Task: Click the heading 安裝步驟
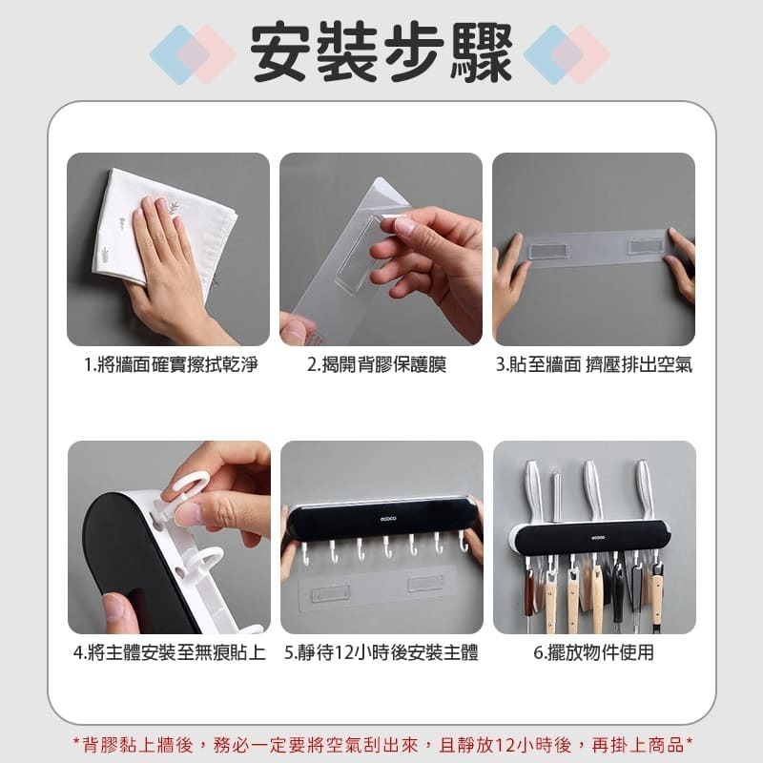[381, 53]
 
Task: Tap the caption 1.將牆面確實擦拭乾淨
[170, 364]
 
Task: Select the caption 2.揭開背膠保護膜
[377, 364]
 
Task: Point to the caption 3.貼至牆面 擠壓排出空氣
[593, 364]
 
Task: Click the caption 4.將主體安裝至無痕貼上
[170, 652]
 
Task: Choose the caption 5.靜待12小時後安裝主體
[381, 652]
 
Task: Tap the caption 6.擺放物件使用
[593, 652]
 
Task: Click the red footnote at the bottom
[382, 744]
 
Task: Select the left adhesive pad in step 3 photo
[547, 251]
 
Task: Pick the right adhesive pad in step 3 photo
[646, 246]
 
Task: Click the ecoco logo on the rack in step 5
[388, 519]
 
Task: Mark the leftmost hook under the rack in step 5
[305, 554]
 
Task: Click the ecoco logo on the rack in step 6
[598, 537]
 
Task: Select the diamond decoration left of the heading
[194, 54]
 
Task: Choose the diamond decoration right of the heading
[567, 54]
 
